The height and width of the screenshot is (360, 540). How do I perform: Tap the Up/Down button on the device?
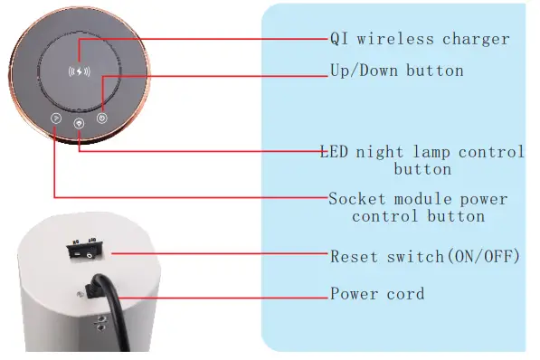tap(102, 117)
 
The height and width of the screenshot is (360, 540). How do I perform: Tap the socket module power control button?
tap(55, 118)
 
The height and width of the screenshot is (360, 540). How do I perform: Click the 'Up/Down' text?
tap(361, 70)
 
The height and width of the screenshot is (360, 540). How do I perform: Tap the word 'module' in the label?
tap(422, 199)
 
